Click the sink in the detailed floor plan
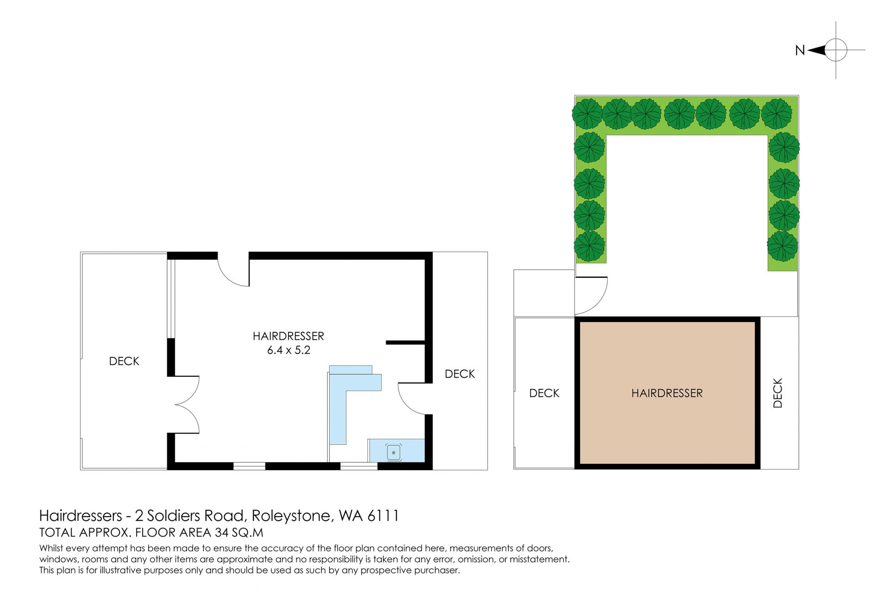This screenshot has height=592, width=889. point(394,452)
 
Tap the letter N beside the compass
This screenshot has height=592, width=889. point(800,50)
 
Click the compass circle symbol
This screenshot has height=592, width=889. point(836,50)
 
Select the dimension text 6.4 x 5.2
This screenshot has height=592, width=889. point(288,350)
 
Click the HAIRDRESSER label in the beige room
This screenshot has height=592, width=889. point(667,393)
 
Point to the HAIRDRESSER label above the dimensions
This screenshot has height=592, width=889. point(288,336)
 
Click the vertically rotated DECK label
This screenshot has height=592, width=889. point(778,393)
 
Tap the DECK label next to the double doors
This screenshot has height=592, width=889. point(124,361)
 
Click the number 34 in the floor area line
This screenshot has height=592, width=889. point(222,533)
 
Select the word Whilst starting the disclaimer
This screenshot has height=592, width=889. point(52,548)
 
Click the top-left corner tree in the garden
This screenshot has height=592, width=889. point(588,114)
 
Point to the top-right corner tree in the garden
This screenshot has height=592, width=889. point(777,114)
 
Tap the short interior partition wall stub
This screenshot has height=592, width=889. point(406,343)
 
